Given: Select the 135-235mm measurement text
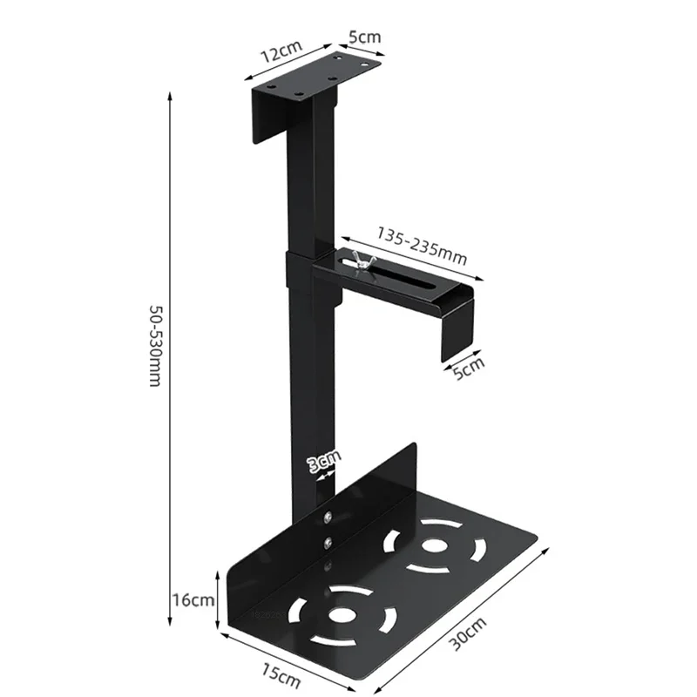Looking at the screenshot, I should [423, 246].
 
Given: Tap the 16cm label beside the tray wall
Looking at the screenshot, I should [193, 600].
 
